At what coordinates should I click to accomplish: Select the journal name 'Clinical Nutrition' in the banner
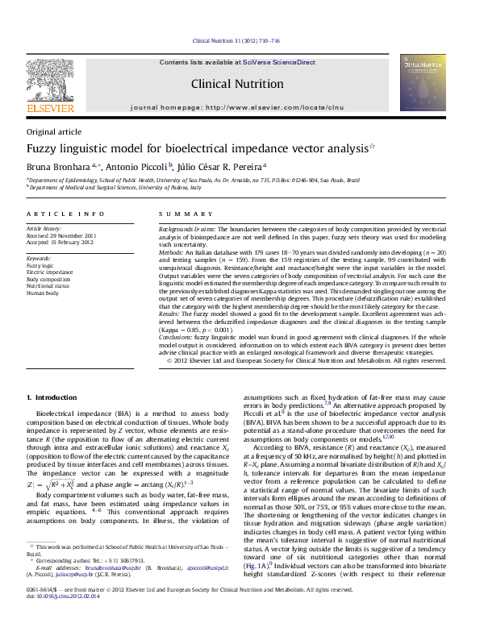[237, 84]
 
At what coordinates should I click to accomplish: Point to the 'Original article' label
[54, 131]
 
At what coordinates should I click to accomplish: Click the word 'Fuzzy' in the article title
[45, 148]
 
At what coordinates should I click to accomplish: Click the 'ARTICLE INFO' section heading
[65, 214]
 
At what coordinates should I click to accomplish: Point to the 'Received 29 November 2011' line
[61, 235]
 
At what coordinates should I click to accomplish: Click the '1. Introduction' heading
[52, 397]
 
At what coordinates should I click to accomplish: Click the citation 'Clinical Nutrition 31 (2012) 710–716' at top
[236, 40]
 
